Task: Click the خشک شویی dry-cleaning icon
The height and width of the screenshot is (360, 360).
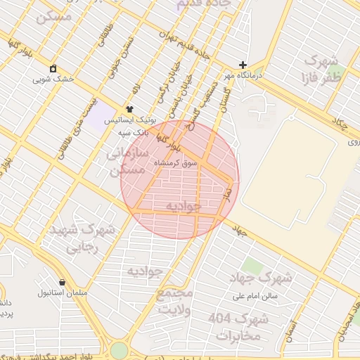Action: pos(53,68)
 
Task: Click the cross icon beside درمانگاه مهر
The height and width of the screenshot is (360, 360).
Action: pos(243,64)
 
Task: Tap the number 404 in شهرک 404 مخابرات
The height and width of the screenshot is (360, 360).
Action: pos(219,319)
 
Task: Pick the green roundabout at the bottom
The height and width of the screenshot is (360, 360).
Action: pos(119,350)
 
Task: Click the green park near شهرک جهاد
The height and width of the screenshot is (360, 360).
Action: pos(252,266)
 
